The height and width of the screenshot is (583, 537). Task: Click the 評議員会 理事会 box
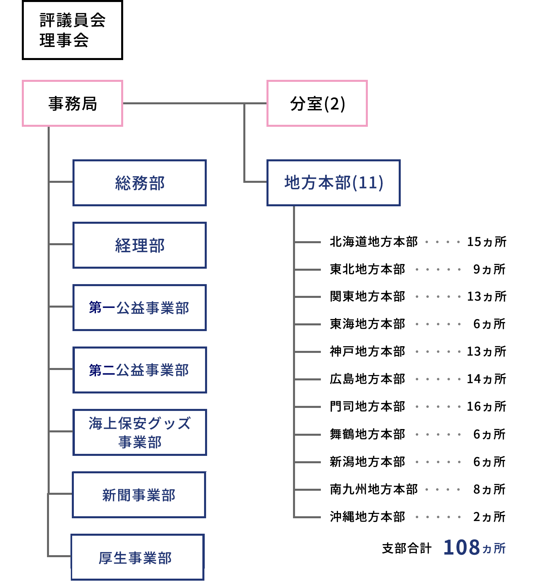coord(72,30)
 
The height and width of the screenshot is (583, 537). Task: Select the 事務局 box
coord(72,103)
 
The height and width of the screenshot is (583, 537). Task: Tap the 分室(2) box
coord(317,103)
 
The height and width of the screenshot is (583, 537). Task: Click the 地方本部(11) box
coord(334,183)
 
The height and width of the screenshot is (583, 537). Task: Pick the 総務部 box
coord(140,183)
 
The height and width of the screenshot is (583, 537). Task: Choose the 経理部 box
coord(140,245)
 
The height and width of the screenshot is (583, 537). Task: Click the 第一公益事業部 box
coord(140,308)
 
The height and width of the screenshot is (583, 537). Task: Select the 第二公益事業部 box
coord(140,370)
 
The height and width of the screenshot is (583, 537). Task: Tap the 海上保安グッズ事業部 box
coord(140,432)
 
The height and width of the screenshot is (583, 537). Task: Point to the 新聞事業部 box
coord(139,495)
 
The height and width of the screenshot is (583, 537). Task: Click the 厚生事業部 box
coord(138,557)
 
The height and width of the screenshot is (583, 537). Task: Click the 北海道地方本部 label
coord(374,242)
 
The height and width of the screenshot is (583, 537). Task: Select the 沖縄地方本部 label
coord(368,517)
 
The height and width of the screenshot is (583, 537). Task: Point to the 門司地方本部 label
coord(368,407)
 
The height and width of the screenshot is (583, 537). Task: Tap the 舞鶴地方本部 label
coord(368,434)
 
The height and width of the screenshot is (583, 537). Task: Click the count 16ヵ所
coord(487,407)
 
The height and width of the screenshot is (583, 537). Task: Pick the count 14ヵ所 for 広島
coord(487,379)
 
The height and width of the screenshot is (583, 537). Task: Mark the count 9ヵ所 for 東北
coord(489,269)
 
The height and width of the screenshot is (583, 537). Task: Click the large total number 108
coord(462,547)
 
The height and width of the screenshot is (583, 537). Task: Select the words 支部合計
coord(407,548)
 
